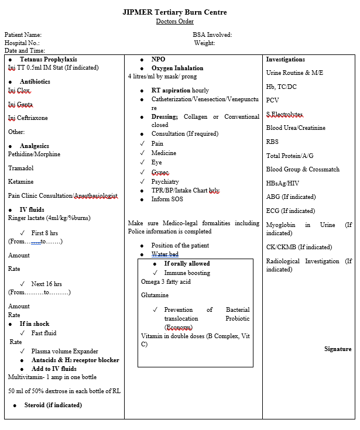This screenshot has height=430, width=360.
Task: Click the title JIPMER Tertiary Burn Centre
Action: (174, 12)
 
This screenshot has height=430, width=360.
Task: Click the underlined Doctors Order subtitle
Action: (174, 22)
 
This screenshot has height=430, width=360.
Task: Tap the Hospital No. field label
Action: (22, 43)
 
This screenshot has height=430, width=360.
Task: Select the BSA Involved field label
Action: (212, 35)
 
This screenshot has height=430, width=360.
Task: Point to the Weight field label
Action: (204, 43)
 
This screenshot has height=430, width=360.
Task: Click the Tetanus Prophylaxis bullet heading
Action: (48, 59)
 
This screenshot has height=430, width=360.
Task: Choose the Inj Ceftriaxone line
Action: (28, 118)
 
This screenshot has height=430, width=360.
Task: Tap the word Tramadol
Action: (21, 167)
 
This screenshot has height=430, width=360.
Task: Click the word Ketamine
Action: (21, 181)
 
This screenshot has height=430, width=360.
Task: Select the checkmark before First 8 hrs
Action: (22, 233)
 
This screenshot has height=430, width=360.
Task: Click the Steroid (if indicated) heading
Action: (53, 405)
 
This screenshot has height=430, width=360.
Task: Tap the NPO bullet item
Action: (158, 59)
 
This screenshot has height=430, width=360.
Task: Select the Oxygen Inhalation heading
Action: (177, 68)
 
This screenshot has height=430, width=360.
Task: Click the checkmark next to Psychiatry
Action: (142, 181)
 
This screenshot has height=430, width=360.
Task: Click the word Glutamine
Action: (155, 295)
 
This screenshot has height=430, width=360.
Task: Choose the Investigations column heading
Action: (285, 59)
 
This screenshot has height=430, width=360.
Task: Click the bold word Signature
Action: (338, 349)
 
